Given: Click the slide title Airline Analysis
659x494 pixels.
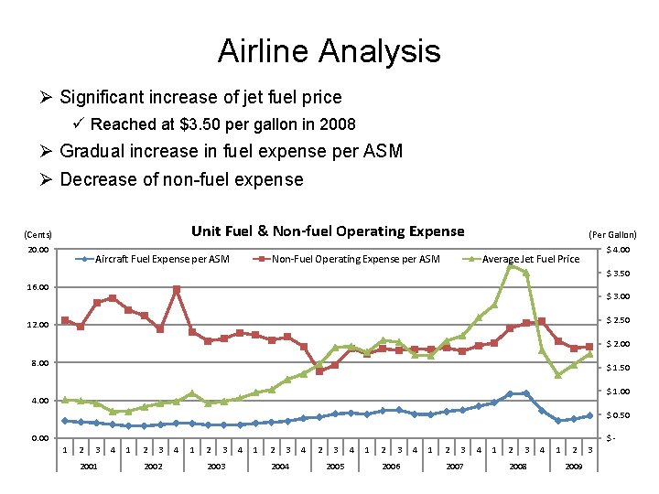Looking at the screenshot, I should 329,51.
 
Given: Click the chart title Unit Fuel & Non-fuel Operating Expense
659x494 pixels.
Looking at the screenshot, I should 327,231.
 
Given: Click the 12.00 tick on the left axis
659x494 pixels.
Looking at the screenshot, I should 38,326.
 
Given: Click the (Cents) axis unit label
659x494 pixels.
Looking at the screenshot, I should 38,234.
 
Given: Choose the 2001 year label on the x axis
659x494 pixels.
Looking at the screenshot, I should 89,467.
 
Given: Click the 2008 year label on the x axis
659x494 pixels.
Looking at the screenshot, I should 518,467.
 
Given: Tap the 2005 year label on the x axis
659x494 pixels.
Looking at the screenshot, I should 335,467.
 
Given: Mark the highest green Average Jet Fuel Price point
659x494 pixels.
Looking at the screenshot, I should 511,265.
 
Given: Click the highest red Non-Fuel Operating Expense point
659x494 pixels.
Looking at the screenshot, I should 176,290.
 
